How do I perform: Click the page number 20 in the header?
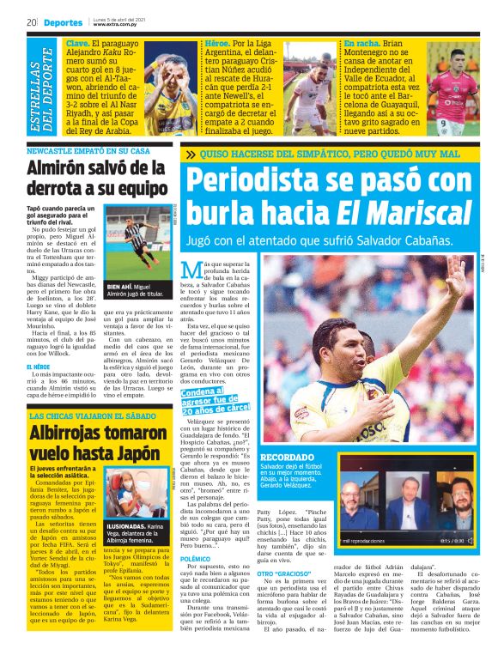(x=31, y=22)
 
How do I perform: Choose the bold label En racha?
(x=362, y=42)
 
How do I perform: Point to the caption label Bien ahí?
(x=120, y=287)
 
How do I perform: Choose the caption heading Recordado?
(x=287, y=458)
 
